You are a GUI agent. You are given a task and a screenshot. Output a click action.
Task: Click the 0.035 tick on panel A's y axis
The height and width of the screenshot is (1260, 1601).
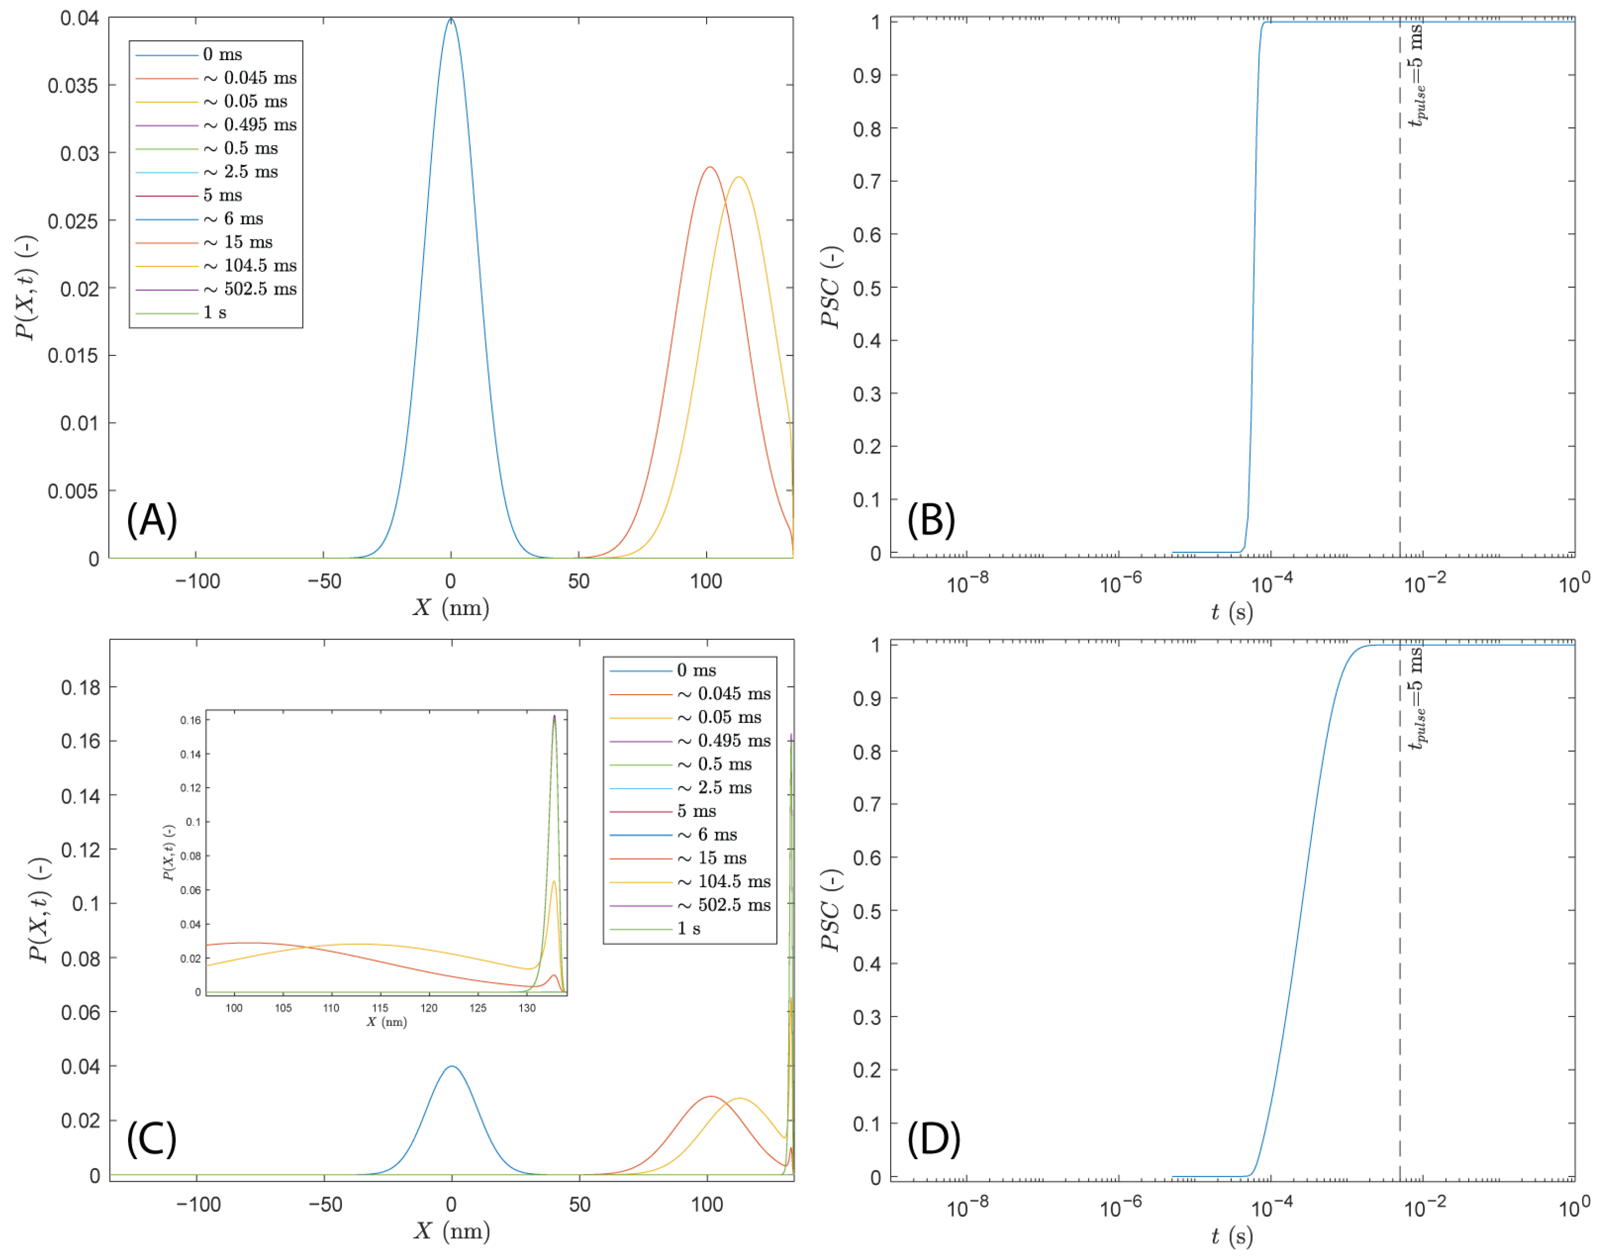pyautogui.click(x=72, y=85)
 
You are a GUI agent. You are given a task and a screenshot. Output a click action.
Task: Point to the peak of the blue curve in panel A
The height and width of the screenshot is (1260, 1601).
pyautogui.click(x=451, y=20)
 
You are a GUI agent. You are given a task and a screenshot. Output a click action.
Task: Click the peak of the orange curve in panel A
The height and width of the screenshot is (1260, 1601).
pyautogui.click(x=710, y=167)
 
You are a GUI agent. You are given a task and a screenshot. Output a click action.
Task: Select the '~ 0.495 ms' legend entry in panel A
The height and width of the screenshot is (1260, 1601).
pyautogui.click(x=250, y=125)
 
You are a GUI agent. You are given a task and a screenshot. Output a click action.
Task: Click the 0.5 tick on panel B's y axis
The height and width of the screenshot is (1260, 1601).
pyautogui.click(x=866, y=288)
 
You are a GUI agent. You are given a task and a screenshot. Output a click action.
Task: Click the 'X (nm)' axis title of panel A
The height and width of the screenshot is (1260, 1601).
pyautogui.click(x=451, y=608)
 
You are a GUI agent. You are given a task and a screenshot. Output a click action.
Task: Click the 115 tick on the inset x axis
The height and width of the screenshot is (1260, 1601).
pyautogui.click(x=380, y=1008)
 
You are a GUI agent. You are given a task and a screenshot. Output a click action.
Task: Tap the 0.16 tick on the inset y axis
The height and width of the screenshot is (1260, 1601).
pyautogui.click(x=190, y=720)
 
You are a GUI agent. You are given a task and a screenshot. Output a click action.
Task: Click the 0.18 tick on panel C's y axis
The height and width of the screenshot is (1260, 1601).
pyautogui.click(x=80, y=687)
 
